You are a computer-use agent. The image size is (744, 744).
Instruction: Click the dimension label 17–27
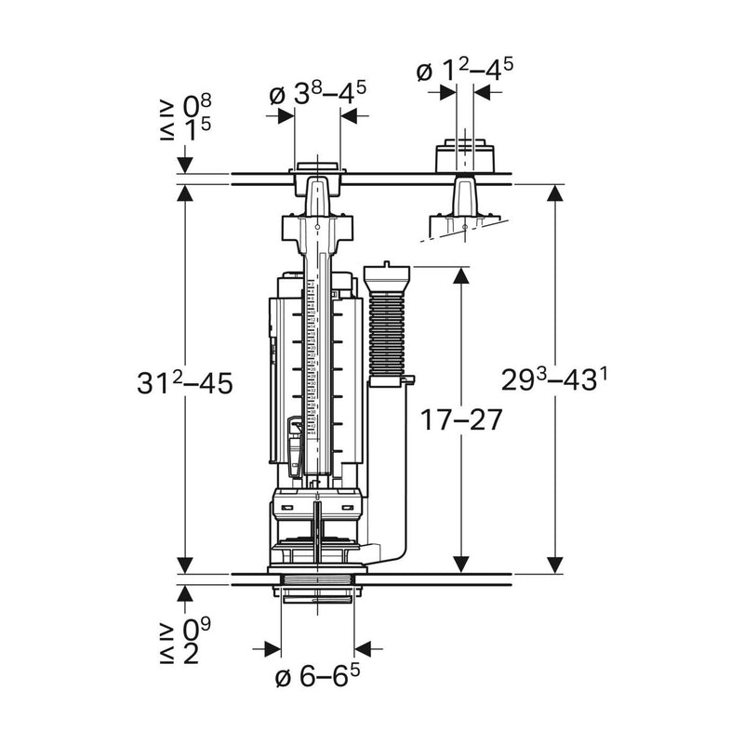tap(461, 419)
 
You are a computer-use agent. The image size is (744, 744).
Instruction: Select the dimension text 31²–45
tap(185, 382)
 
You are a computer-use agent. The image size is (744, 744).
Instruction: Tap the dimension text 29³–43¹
tap(554, 379)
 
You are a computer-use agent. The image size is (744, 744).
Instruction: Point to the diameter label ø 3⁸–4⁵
tap(318, 94)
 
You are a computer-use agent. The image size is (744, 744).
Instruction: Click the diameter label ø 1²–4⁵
tap(465, 70)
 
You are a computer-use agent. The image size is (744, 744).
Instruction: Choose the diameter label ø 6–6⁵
tap(317, 675)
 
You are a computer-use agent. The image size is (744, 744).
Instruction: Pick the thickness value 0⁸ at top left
tap(197, 106)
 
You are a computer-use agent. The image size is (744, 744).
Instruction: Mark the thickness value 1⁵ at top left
tap(197, 129)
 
